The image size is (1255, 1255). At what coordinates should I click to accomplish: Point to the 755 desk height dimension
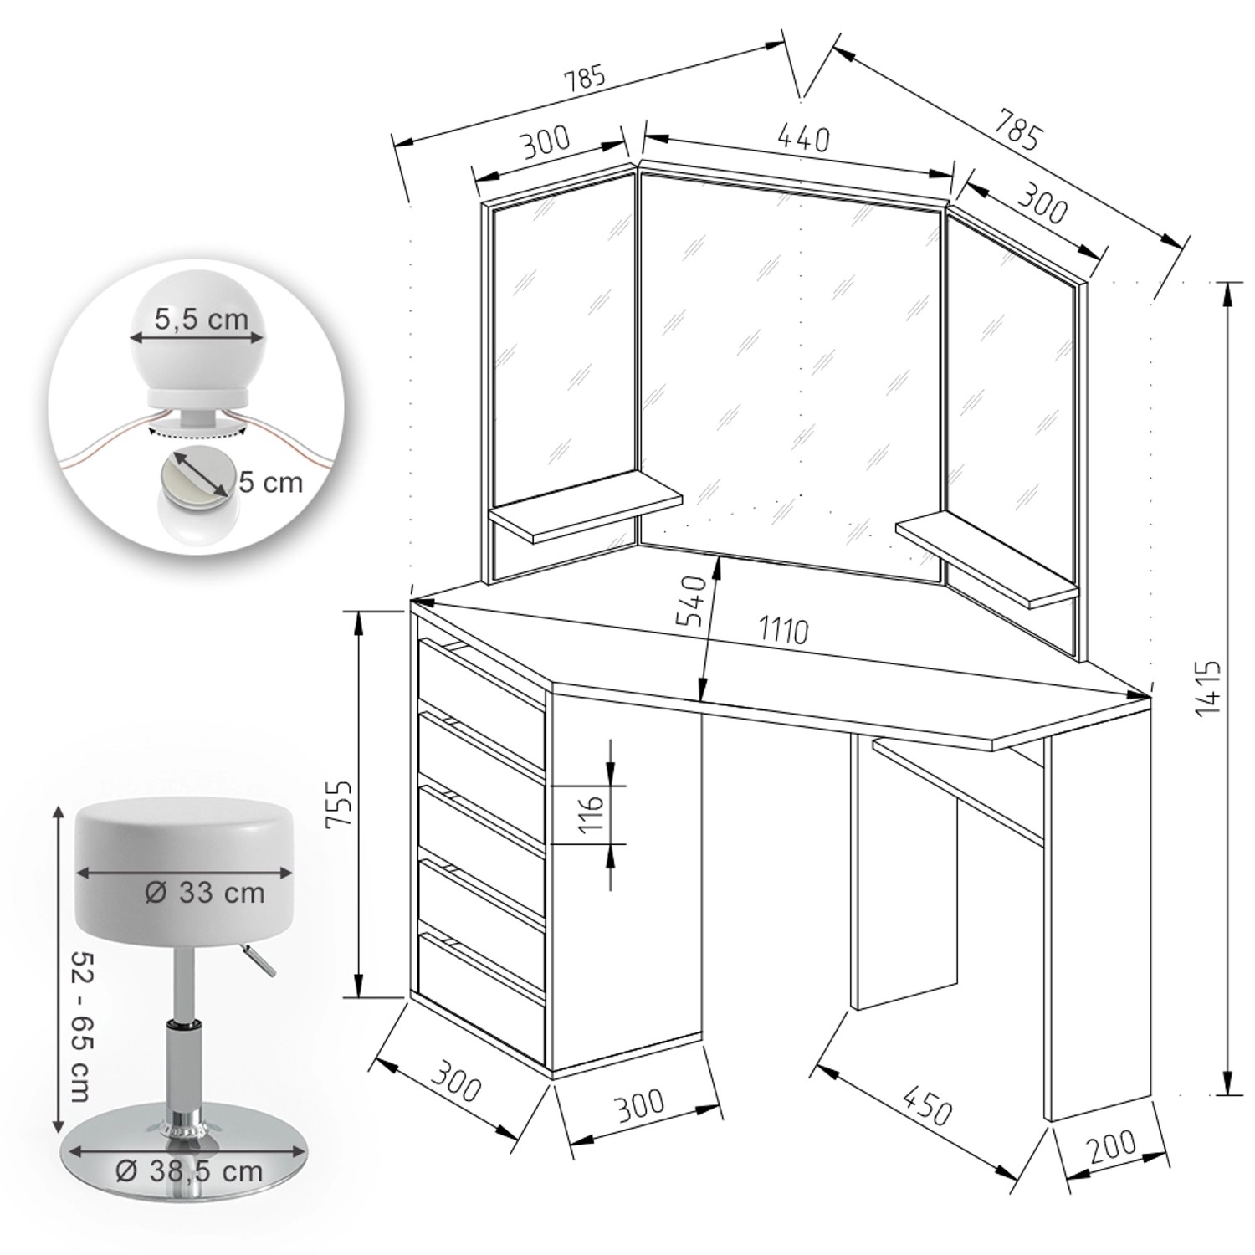pyautogui.click(x=338, y=804)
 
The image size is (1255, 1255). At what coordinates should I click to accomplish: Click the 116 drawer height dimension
pyautogui.click(x=591, y=813)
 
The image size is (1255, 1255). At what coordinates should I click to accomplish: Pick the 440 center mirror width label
pyautogui.click(x=802, y=138)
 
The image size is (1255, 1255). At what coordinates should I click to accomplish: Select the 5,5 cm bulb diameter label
pyautogui.click(x=201, y=320)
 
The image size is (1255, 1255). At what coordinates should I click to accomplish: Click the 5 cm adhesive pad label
pyautogui.click(x=270, y=483)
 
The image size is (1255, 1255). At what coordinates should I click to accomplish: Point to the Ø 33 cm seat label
pyautogui.click(x=205, y=893)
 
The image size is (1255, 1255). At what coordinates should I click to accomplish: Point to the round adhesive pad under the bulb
pyautogui.click(x=197, y=476)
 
